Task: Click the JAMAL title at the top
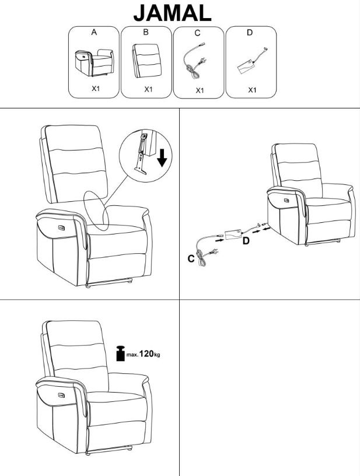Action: click(172, 13)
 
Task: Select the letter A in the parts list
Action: click(94, 32)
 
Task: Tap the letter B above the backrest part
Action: click(146, 32)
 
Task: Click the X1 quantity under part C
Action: click(200, 90)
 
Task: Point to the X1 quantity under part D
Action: click(252, 90)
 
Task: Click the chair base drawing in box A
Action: click(95, 62)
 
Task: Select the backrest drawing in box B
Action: click(146, 61)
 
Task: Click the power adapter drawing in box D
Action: click(252, 61)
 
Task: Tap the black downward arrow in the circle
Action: click(162, 158)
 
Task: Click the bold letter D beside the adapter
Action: click(246, 241)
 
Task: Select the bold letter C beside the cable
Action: click(191, 258)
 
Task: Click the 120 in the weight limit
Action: click(146, 353)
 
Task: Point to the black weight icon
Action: click(121, 353)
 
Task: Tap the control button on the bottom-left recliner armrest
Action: click(62, 395)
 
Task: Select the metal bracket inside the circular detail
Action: click(141, 155)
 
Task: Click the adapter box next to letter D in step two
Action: click(233, 235)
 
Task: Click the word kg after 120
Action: click(157, 355)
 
